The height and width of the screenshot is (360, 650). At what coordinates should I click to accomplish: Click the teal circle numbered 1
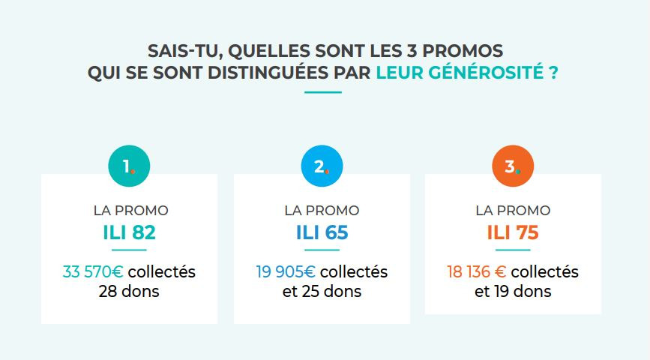[x=129, y=166]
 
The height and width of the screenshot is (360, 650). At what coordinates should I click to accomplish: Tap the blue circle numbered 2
[x=322, y=166]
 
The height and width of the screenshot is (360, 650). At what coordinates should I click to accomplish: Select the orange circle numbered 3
[x=512, y=166]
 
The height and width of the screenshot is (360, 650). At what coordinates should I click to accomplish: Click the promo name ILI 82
[x=129, y=233]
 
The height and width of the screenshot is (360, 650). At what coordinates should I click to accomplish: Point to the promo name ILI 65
[x=322, y=233]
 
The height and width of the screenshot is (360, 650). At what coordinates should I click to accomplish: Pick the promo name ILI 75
[x=513, y=233]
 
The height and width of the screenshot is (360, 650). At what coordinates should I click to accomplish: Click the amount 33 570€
[x=94, y=271]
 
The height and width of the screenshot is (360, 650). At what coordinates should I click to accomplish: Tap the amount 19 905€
[x=286, y=271]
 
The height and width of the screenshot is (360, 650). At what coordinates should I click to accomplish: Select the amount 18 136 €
[x=477, y=271]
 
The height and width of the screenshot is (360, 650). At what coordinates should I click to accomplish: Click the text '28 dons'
[x=129, y=291]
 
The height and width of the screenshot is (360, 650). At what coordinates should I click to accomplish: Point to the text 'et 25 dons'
[x=322, y=291]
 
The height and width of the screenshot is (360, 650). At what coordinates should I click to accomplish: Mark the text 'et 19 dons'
[x=513, y=291]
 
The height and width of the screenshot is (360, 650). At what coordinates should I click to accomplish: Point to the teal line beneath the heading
[x=323, y=92]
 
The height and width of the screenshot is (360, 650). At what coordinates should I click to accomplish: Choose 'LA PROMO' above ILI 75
[x=513, y=211]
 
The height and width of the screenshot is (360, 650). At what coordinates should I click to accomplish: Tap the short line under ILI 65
[x=322, y=250]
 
